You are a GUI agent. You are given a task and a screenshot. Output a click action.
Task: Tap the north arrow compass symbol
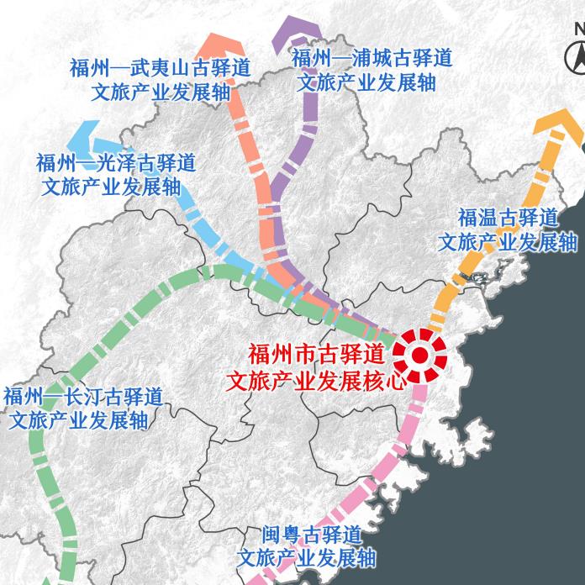click(577, 50)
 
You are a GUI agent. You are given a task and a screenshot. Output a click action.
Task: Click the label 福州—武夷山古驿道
click(160, 68)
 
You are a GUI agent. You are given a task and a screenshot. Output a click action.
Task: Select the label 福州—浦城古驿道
click(372, 58)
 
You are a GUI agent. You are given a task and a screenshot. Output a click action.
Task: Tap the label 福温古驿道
click(507, 218)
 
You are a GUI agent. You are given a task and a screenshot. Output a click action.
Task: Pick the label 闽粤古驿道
click(311, 535)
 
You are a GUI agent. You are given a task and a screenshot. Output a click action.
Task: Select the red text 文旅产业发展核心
click(317, 380)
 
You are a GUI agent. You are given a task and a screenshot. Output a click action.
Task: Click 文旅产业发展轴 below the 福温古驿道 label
click(507, 242)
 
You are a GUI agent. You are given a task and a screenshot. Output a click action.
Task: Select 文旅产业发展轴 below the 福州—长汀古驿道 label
click(78, 419)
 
